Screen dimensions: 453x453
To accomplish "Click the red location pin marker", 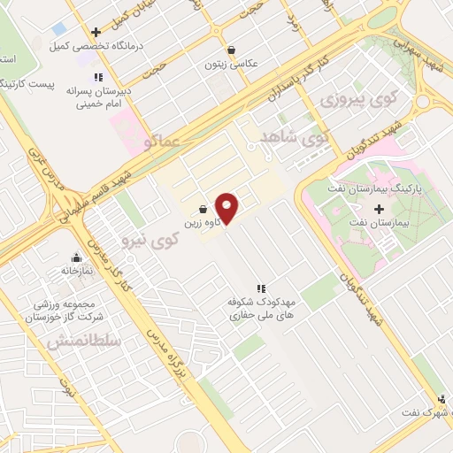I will [227, 208].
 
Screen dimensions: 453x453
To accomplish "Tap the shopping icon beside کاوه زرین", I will [204, 211].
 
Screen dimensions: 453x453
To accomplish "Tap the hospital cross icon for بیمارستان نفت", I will [380, 210].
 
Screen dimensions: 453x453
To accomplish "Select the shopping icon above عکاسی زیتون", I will [231, 50].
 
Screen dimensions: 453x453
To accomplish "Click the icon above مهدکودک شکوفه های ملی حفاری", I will [261, 288].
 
